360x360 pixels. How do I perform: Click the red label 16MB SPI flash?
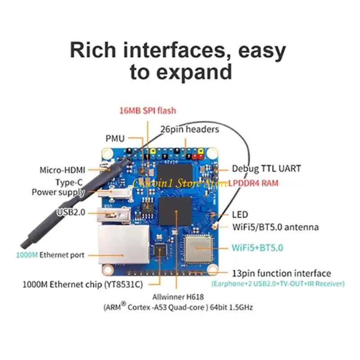coord(148,110)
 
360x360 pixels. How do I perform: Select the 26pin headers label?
coord(189,130)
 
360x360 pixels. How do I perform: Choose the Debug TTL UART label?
coord(266,169)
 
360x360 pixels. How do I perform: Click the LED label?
coord(240,215)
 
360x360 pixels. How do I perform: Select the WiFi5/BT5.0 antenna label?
coord(275,227)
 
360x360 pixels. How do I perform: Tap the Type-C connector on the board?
coord(118,193)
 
